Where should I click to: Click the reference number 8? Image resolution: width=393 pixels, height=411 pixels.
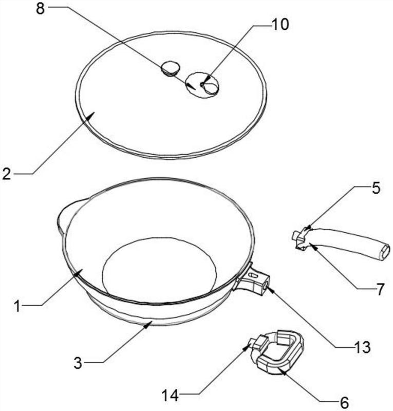point(40,9)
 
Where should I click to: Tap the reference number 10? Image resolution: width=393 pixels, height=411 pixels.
point(280,24)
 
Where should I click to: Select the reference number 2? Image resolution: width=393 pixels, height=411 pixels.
point(7,174)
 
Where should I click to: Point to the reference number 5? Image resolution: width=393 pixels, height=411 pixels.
point(376,188)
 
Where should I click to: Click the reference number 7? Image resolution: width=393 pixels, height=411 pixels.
point(380,289)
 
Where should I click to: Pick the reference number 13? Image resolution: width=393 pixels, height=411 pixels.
point(362,347)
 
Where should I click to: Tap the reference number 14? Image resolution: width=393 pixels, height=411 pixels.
point(170,396)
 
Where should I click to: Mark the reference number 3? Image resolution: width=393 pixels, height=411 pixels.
point(78,363)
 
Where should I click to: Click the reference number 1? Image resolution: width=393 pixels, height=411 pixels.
point(17,306)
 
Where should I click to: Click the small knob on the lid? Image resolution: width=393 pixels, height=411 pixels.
point(170,68)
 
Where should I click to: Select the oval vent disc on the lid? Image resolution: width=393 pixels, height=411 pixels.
point(202,85)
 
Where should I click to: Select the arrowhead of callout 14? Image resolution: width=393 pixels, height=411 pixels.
point(246,347)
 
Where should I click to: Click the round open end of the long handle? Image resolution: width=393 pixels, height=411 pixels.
point(384,252)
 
